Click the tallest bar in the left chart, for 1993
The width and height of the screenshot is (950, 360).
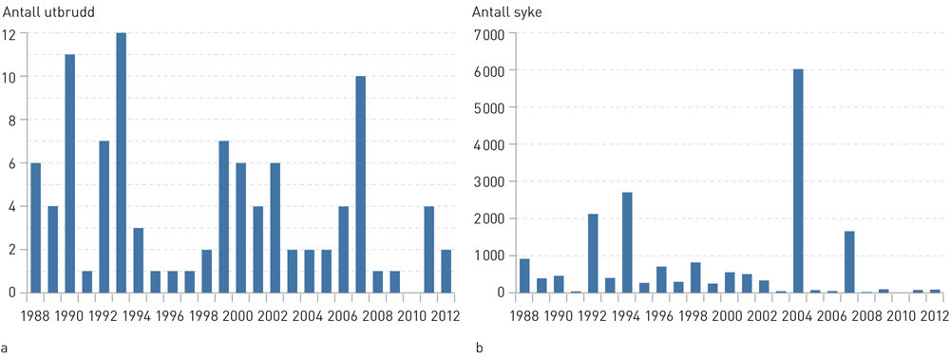(x=122, y=162)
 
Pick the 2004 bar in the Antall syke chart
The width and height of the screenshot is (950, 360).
(x=798, y=180)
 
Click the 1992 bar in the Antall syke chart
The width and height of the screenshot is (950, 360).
(x=593, y=253)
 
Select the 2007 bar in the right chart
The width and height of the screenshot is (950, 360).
(x=849, y=261)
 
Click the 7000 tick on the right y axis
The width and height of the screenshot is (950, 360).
(x=489, y=33)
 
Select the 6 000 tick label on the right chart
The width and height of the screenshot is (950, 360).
(x=489, y=70)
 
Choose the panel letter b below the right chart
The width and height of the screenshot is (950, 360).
(x=478, y=349)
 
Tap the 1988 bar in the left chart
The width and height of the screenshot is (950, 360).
(x=36, y=228)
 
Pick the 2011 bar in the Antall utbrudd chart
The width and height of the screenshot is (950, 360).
(x=429, y=249)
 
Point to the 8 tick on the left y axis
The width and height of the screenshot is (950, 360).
(x=11, y=120)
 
